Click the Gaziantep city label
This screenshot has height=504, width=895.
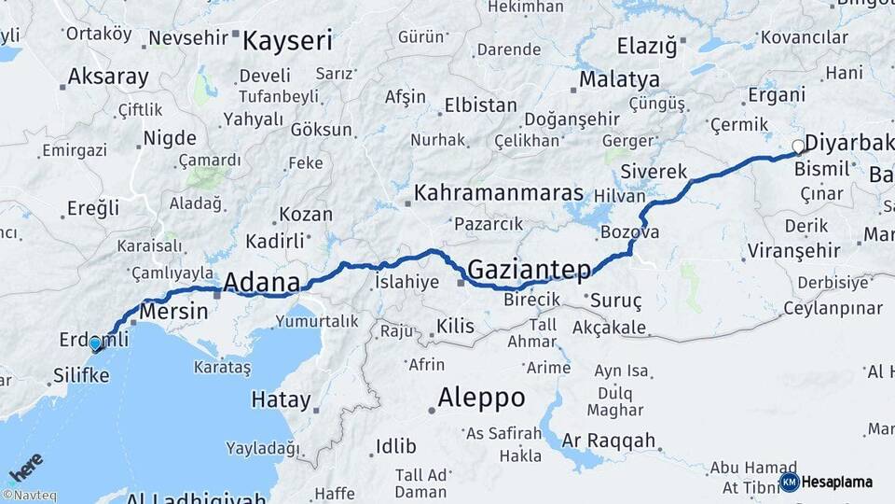pyautogui.click(x=529, y=271)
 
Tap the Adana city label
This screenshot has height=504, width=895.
pyautogui.click(x=262, y=282)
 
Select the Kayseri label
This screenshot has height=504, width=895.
pyautogui.click(x=287, y=41)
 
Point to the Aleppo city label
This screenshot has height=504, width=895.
pyautogui.click(x=482, y=399)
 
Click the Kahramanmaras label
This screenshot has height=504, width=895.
pyautogui.click(x=499, y=194)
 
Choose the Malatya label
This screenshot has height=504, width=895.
pyautogui.click(x=619, y=79)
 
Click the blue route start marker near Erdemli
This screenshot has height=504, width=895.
pyautogui.click(x=95, y=344)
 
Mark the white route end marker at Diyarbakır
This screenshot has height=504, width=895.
pyautogui.click(x=798, y=147)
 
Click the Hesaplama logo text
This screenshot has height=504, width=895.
pyautogui.click(x=836, y=483)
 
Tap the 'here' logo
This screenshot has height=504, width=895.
pyautogui.click(x=26, y=466)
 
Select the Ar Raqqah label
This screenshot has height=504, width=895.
pyautogui.click(x=610, y=441)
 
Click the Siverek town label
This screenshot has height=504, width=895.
pyautogui.click(x=655, y=172)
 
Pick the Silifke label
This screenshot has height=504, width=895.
pyautogui.click(x=82, y=375)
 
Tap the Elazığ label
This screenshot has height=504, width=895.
pyautogui.click(x=647, y=45)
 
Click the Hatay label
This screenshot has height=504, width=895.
pyautogui.click(x=281, y=400)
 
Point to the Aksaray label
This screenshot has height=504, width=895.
pyautogui.click(x=108, y=77)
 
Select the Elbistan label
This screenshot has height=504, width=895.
pyautogui.click(x=481, y=105)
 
